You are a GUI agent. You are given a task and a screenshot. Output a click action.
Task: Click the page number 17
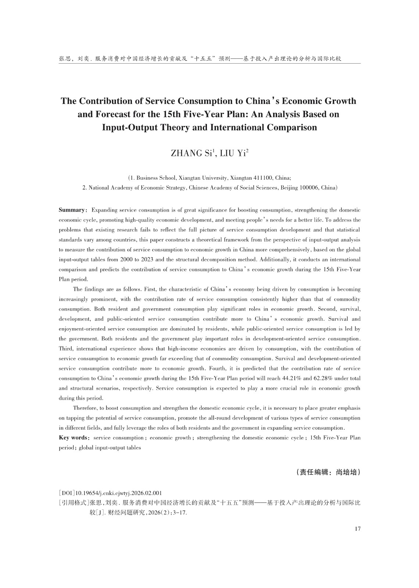[x=358, y=529]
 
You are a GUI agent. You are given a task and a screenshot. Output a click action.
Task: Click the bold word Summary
[x=72, y=210]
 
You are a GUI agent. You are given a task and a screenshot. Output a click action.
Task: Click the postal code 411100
[x=264, y=178]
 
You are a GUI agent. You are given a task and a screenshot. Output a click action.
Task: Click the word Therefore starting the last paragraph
[x=85, y=408]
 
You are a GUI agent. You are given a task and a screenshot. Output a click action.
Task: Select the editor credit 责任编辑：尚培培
[x=328, y=472]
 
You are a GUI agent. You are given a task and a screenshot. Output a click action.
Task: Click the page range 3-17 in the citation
[x=179, y=513]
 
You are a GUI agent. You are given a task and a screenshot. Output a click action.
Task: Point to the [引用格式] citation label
[x=74, y=503]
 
